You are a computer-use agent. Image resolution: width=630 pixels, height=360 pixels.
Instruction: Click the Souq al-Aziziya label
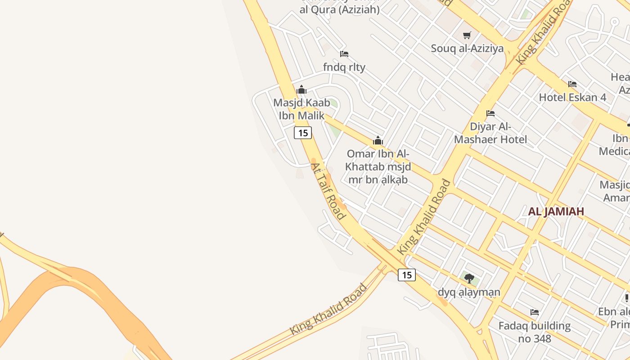point(467,49)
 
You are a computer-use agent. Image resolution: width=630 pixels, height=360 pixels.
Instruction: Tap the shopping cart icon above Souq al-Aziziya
point(467,35)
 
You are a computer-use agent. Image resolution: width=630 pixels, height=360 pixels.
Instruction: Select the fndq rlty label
point(344,67)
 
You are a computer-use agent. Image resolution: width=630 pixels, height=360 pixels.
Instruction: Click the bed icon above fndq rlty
point(344,54)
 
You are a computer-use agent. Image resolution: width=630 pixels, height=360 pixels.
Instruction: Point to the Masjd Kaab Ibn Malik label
point(301,109)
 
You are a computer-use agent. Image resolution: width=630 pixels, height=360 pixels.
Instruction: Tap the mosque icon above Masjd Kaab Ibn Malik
point(301,90)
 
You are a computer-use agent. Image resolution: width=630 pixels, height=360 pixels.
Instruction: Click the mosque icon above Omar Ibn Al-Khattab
point(378,141)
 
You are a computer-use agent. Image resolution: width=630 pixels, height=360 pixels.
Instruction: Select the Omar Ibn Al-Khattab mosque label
point(378,167)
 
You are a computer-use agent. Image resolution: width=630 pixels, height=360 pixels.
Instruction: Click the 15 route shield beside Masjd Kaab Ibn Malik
point(303,133)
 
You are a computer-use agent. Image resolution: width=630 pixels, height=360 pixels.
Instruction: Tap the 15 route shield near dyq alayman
point(406,275)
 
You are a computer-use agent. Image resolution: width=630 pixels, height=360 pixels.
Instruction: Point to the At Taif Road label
point(328,191)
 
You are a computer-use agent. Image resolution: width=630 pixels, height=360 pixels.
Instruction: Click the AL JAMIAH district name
point(556,211)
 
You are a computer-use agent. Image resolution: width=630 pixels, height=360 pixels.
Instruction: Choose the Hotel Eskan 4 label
point(572,97)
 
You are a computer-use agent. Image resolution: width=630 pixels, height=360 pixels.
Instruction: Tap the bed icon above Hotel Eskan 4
point(572,84)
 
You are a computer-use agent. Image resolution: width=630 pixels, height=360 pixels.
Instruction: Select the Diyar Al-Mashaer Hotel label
point(490,133)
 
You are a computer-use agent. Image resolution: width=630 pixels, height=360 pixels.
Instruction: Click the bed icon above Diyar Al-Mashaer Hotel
point(490,113)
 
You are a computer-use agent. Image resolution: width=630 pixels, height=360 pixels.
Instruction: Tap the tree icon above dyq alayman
point(469,278)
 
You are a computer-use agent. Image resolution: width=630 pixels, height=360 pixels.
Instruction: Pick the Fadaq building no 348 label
point(534,332)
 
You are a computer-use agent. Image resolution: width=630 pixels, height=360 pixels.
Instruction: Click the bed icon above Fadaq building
point(535,312)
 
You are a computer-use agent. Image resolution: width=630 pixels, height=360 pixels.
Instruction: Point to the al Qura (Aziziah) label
point(340,9)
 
